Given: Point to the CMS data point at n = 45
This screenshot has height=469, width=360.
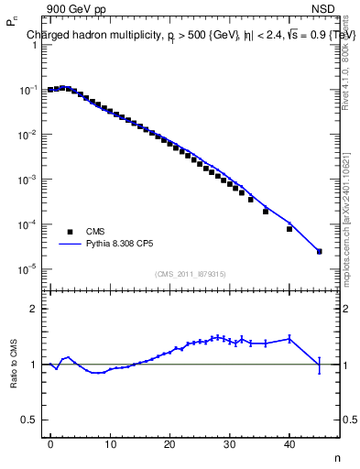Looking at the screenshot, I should [x=320, y=251].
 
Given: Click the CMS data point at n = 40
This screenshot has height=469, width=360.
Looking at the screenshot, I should [x=289, y=229].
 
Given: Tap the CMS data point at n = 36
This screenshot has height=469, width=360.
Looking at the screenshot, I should [x=266, y=212].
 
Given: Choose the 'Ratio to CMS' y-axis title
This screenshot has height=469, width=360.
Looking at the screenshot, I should [x=15, y=364].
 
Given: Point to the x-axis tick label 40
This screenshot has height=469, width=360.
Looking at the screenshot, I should [x=289, y=444].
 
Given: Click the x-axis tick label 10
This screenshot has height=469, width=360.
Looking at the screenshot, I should [x=110, y=444].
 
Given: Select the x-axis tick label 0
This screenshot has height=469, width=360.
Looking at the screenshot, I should [x=50, y=444].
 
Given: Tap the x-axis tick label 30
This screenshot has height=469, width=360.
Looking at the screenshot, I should [x=230, y=444].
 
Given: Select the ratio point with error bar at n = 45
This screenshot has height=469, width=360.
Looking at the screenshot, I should [x=320, y=365].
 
